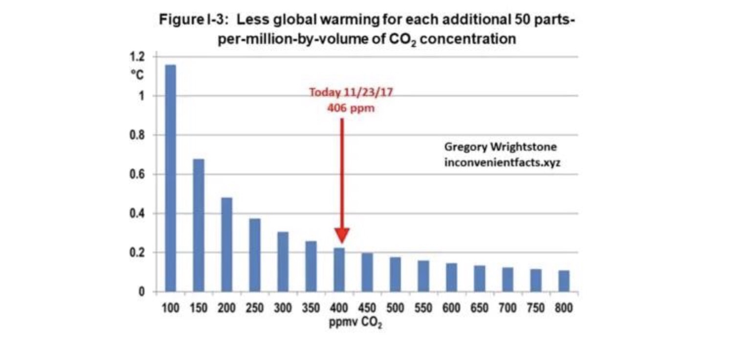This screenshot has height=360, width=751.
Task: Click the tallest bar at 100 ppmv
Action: [x=170, y=178]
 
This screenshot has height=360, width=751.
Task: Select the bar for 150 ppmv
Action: [x=199, y=225]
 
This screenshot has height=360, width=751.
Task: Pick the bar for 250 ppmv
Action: [x=255, y=255]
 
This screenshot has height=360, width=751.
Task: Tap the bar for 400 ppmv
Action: [x=339, y=270]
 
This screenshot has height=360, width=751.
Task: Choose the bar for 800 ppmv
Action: [x=564, y=281]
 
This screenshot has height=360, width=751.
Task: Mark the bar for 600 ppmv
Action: [x=451, y=277]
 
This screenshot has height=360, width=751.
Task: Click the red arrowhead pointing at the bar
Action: [x=342, y=236]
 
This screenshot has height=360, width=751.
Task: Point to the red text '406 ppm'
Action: [x=351, y=108]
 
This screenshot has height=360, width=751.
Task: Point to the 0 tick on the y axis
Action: [x=141, y=292]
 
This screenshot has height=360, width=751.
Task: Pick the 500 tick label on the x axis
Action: [x=395, y=308]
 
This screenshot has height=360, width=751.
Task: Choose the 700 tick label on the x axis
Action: [x=508, y=308]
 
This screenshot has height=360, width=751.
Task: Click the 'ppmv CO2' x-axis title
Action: [x=355, y=322]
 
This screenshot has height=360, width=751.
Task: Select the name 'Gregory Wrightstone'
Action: [x=500, y=147]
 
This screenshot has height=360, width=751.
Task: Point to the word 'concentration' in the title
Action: [x=468, y=39]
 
